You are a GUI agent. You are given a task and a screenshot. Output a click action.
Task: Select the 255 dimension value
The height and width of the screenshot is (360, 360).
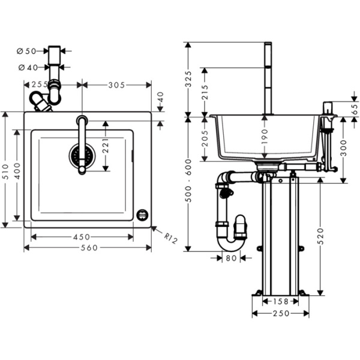(x=40, y=85)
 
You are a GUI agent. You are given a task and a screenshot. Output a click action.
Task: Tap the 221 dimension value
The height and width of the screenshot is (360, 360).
(x=106, y=148)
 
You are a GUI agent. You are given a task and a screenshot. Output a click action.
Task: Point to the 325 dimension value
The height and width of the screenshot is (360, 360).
(x=188, y=77)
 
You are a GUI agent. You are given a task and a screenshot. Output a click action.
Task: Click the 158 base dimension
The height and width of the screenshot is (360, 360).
(x=281, y=302)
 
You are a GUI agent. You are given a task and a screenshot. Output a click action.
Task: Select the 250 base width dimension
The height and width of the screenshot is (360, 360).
(x=280, y=313)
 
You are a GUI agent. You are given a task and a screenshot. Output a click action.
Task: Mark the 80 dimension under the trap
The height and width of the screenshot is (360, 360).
(x=231, y=259)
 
